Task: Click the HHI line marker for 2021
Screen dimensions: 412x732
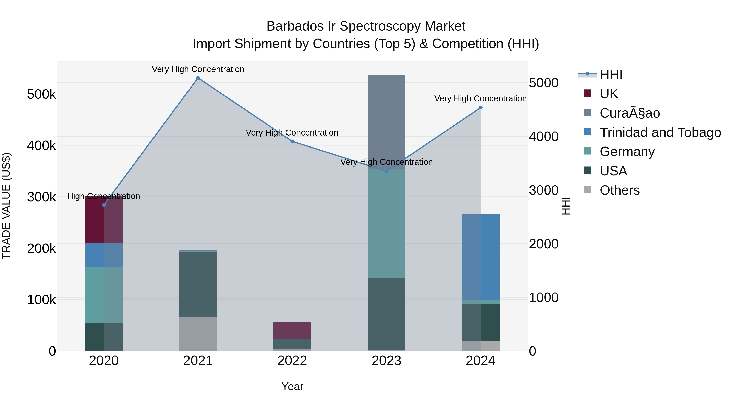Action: pos(198,78)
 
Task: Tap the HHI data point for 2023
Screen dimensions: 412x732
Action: pos(386,171)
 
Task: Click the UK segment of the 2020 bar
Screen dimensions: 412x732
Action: pos(104,220)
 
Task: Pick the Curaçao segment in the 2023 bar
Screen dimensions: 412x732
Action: pos(386,122)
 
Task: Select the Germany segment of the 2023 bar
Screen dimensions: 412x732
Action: pos(386,223)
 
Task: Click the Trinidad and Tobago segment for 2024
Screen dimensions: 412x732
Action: pos(480,257)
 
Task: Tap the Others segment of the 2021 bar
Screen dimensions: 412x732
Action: pos(198,334)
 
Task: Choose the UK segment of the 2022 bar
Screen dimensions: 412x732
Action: pos(292,330)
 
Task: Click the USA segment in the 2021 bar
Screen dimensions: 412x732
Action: pos(198,284)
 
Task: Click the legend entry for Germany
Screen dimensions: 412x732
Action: pos(627,152)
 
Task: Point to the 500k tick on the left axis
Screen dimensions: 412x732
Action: pos(41,94)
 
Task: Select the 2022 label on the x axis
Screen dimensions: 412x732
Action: pos(292,361)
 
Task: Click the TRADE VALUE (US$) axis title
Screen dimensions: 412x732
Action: pos(6,206)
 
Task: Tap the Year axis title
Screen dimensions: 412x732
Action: pos(292,386)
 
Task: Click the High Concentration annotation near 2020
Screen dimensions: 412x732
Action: pos(104,196)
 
